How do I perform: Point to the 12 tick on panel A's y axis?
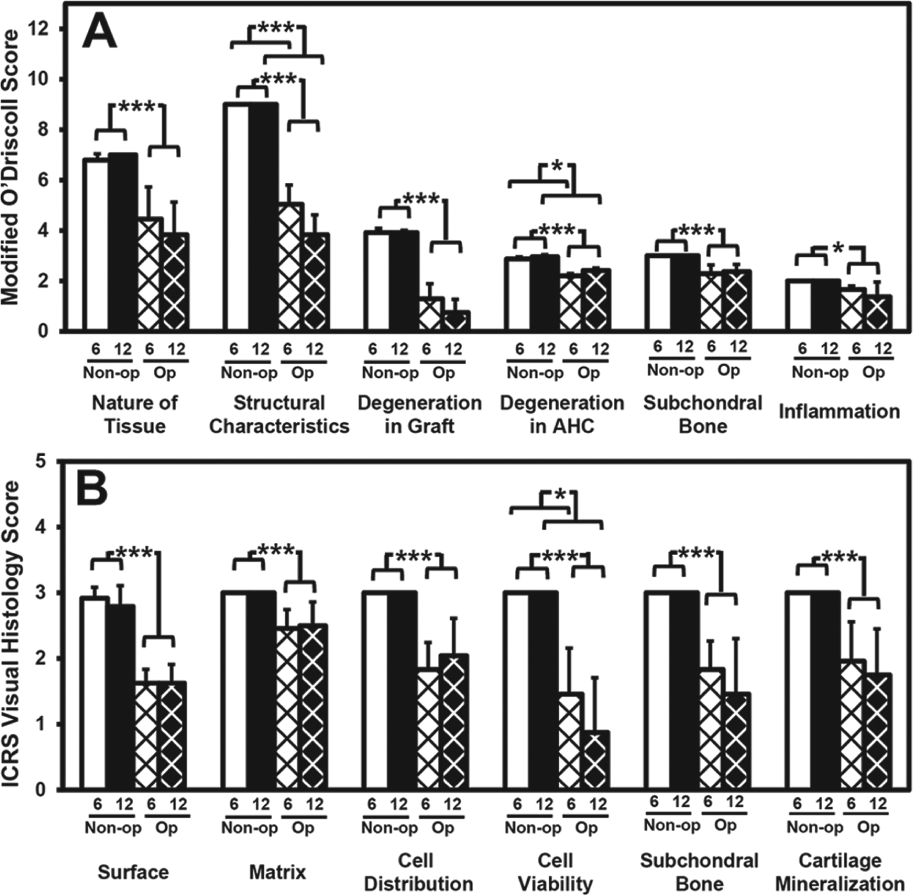[45, 29]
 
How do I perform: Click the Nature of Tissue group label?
[134, 414]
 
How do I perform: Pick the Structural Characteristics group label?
[279, 414]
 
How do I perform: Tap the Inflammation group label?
[839, 411]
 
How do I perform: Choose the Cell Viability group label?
[555, 872]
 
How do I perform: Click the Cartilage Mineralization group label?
[840, 872]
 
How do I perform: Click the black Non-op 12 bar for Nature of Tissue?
[122, 243]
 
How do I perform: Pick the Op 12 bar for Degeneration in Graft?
[457, 321]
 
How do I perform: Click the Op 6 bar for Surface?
[149, 736]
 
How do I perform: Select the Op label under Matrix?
[303, 828]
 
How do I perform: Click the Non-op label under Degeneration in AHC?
[535, 372]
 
